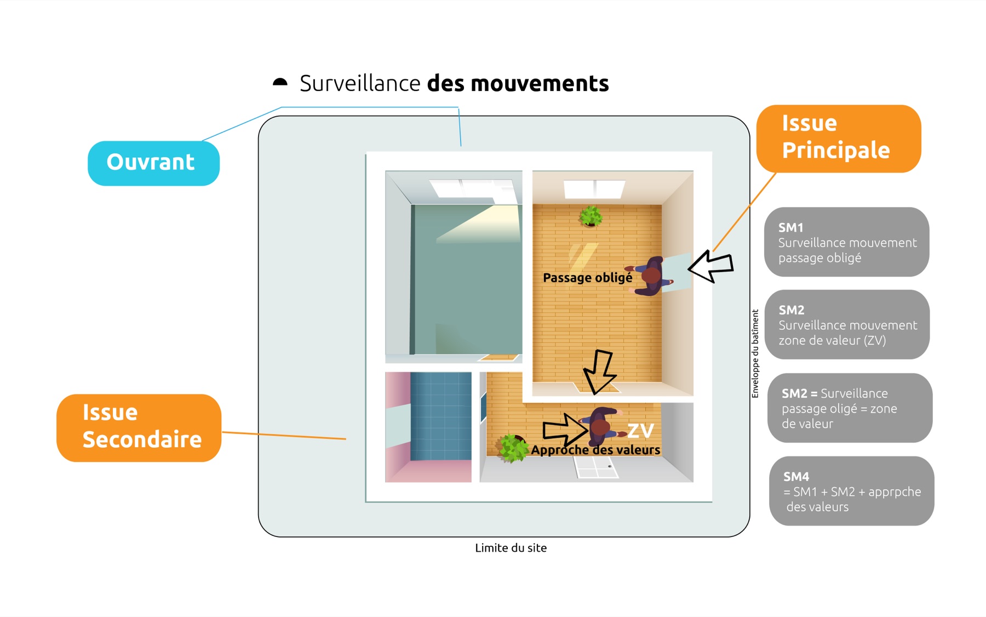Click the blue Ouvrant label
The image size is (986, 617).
tap(153, 163)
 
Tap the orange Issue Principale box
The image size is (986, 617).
tap(838, 138)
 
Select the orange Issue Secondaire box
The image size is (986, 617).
tap(139, 427)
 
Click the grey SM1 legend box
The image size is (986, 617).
tap(846, 242)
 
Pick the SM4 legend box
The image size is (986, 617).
tap(851, 491)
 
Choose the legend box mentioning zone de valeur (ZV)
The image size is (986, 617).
tap(847, 324)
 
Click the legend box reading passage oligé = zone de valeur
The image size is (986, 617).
tap(850, 408)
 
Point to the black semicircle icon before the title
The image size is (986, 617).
tap(280, 82)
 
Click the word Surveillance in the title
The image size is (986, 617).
tap(360, 83)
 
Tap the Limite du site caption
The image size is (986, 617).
tap(511, 547)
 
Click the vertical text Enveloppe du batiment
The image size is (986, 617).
tap(755, 353)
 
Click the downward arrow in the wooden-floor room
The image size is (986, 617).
tap(599, 371)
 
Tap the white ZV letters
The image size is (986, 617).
tap(640, 431)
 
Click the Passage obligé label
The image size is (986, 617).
tap(587, 278)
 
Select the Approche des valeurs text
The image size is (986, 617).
tap(595, 450)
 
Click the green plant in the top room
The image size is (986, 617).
tap(591, 216)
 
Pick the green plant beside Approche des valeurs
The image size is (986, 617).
tap(512, 448)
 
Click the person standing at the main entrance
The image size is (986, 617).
tap(651, 276)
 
